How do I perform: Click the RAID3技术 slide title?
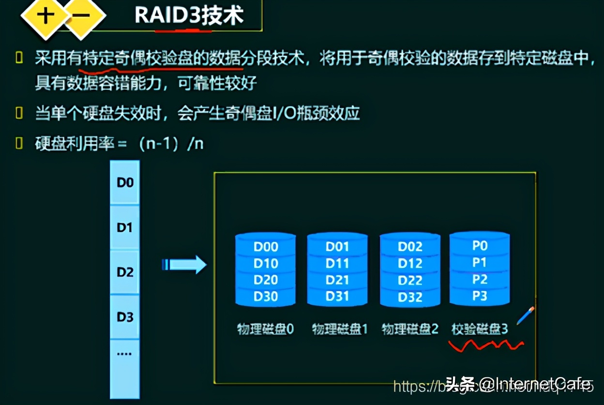(189, 16)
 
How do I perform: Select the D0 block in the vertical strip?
(125, 183)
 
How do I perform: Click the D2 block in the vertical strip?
(125, 272)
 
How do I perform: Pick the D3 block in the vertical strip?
(125, 317)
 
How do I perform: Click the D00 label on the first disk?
(266, 247)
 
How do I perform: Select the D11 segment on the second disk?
(337, 264)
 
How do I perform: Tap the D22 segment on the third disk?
(410, 280)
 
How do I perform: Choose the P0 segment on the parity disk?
(479, 246)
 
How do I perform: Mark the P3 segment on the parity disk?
(479, 296)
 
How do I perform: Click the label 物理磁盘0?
(265, 329)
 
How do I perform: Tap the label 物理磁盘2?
(410, 329)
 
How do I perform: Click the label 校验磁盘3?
(480, 329)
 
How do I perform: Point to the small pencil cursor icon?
(525, 315)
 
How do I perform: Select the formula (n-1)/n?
(171, 144)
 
